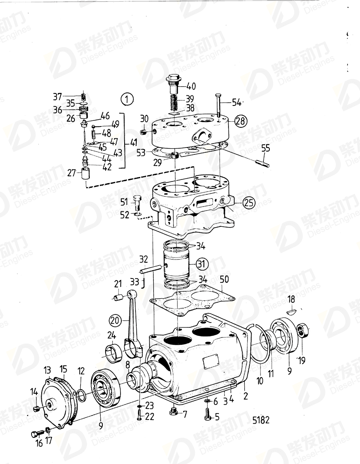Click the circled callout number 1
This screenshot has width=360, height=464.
tap(127, 99)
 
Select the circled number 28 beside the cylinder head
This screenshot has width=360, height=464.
tap(240, 120)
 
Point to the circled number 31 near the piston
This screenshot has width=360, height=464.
tap(202, 264)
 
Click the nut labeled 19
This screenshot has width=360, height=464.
tap(303, 331)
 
